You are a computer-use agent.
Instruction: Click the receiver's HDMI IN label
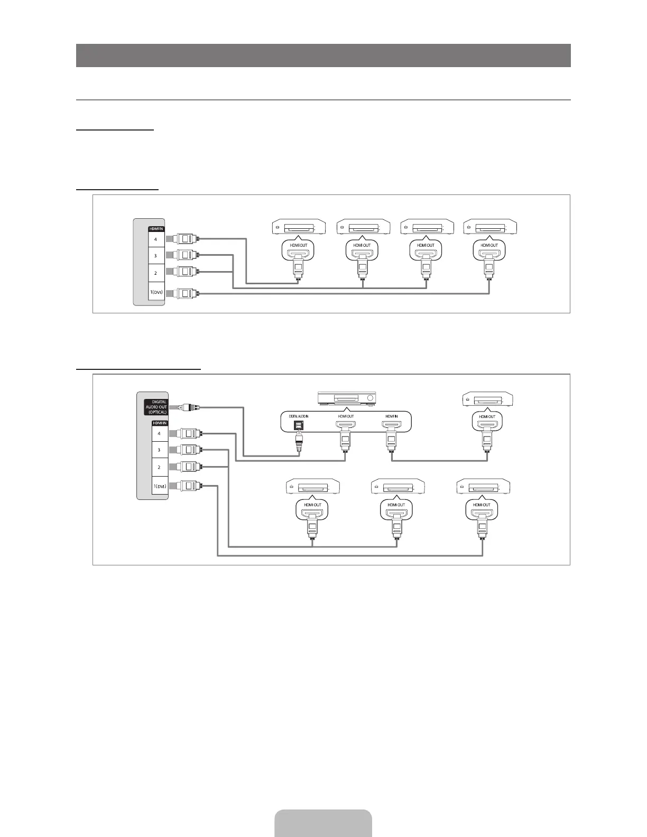(x=392, y=416)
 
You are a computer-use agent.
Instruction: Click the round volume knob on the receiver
(x=370, y=398)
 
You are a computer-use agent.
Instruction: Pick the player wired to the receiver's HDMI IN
(x=487, y=399)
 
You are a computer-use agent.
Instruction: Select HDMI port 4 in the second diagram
(x=159, y=434)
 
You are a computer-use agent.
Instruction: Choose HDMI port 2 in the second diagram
(x=159, y=467)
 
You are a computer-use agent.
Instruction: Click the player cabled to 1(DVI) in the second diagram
(x=483, y=487)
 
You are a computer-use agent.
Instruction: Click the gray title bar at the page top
(x=323, y=55)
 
